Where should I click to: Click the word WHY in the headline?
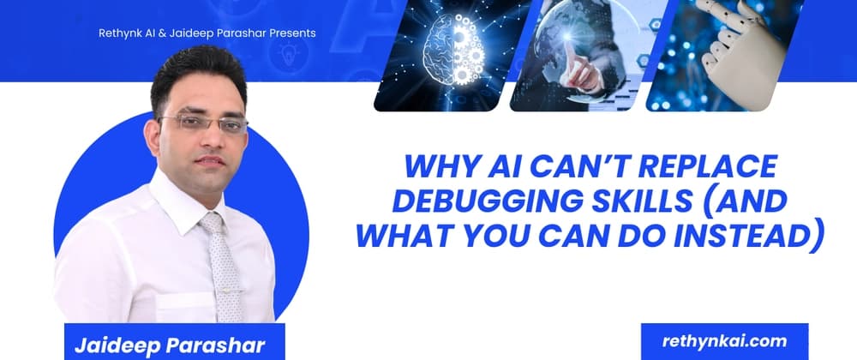[437, 165]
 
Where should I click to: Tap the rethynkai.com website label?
[724, 340]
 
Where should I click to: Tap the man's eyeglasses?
[202, 123]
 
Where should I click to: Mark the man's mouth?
[207, 161]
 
